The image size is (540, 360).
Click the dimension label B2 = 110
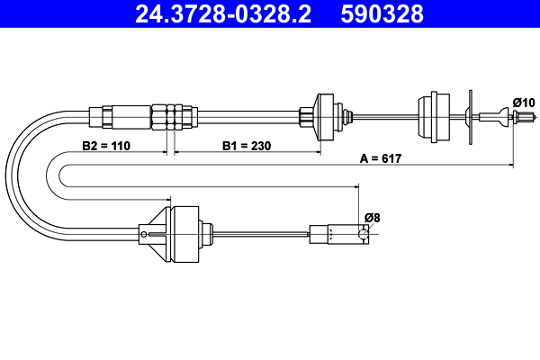(107, 144)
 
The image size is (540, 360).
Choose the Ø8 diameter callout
(372, 216)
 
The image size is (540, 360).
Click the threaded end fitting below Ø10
(517, 115)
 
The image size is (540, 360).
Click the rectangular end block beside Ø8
(338, 234)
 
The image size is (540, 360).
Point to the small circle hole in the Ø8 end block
(363, 234)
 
